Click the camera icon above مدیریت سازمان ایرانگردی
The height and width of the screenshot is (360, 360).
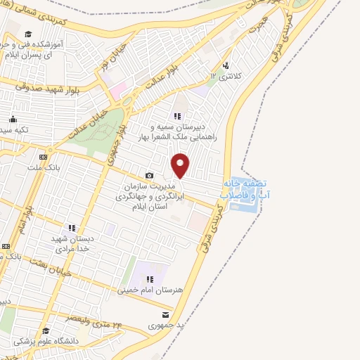coord(149,175)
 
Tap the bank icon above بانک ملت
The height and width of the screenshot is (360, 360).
coord(44,156)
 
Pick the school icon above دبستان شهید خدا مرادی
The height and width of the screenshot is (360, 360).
coord(71,227)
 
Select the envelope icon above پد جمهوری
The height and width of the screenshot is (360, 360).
coord(165,315)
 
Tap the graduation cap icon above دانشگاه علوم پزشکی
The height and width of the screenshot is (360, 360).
coord(45,330)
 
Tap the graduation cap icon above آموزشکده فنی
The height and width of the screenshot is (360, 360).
coord(28,34)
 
